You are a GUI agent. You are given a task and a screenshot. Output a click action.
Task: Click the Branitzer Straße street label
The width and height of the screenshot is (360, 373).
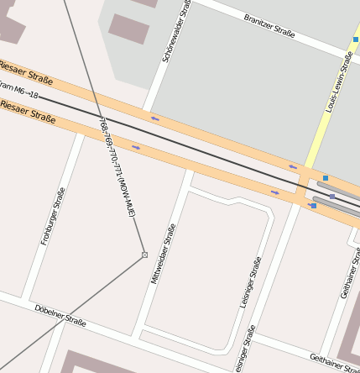coord(269,25)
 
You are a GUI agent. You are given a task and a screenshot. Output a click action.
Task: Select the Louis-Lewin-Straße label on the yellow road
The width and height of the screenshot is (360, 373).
coord(337,81)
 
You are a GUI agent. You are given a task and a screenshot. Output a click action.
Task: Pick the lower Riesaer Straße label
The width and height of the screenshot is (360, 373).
coord(28,112)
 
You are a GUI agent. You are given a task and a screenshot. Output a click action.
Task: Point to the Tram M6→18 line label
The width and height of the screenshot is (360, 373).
coord(18,91)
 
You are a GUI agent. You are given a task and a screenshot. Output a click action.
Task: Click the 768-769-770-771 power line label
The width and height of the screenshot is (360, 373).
coord(117,169)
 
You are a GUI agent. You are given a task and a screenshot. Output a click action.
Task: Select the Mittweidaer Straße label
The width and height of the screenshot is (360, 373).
coord(164,255)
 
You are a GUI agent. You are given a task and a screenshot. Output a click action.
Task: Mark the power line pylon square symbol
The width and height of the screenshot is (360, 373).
coord(144,255)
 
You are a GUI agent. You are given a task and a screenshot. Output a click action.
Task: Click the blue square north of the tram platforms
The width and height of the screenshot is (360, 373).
coord(326,177)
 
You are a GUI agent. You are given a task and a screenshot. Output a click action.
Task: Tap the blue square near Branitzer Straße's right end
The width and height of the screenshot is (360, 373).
coord(356,39)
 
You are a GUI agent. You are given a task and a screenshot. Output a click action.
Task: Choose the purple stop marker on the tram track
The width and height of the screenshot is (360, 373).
coord(332,197)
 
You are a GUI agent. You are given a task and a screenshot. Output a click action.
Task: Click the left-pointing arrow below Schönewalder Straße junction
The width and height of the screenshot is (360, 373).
coord(154,118)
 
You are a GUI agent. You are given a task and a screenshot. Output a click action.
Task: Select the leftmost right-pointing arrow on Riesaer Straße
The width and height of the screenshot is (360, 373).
coord(136,148)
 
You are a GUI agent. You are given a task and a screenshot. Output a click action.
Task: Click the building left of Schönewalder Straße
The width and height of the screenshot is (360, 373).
coord(129,29)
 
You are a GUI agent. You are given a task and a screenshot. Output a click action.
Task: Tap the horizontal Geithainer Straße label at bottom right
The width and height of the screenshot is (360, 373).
coord(334,362)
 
